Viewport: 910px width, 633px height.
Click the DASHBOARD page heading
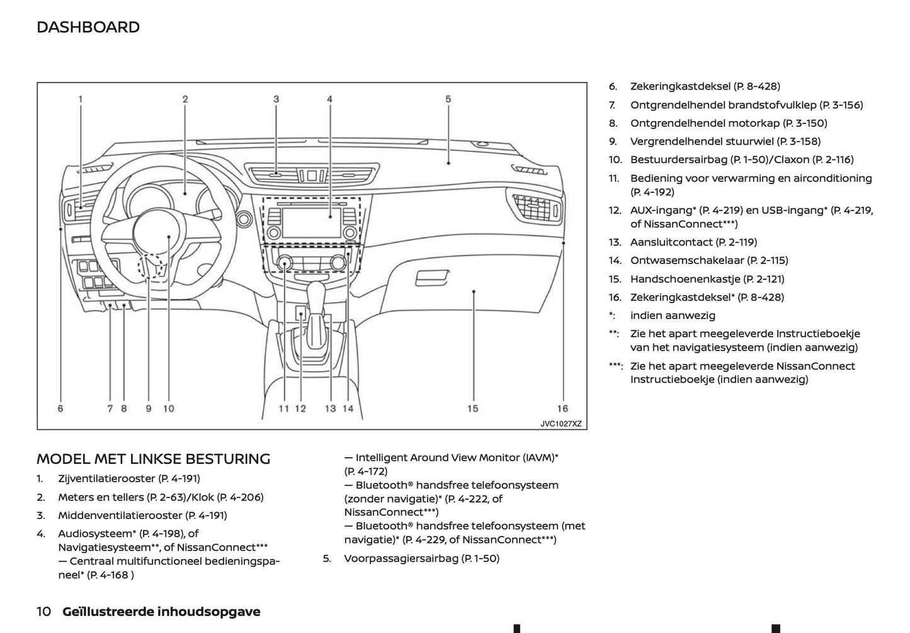coord(88,27)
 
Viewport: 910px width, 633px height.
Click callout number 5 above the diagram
coord(448,99)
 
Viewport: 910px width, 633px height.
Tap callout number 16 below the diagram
coord(562,409)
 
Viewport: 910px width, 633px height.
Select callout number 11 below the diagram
coord(284,409)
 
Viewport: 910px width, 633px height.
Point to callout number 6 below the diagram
coord(60,409)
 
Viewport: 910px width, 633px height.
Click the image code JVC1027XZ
coord(561,424)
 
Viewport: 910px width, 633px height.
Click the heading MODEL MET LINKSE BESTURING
coord(153,459)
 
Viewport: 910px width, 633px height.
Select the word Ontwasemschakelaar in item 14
coord(687,260)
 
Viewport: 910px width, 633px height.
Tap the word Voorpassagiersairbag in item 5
coord(401,559)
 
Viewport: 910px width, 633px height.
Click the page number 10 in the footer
coord(44,612)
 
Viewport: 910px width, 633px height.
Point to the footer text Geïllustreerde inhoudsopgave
coord(161,612)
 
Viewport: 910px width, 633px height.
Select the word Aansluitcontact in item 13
coord(670,242)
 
